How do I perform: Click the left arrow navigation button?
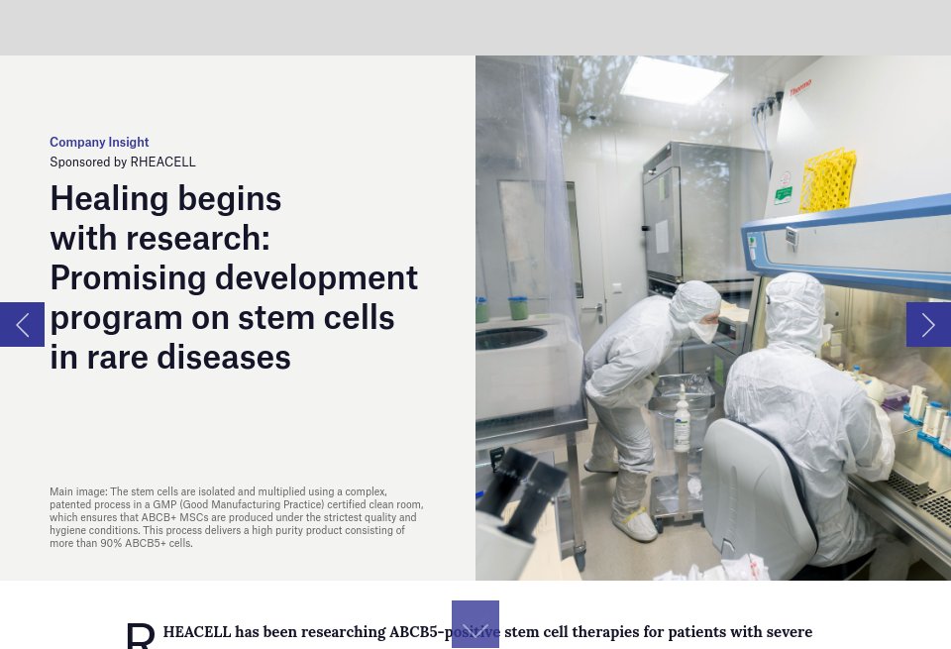tap(22, 324)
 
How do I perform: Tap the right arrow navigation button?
tap(928, 324)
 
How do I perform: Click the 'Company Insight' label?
tap(99, 142)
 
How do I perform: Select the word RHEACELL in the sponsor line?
tap(162, 162)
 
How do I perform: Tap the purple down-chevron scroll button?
tap(475, 624)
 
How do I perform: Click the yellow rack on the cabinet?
tap(827, 180)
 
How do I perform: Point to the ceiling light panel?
tap(674, 80)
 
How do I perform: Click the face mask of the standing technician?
tap(702, 331)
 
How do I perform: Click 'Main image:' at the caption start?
tap(78, 491)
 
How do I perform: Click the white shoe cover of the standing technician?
tap(634, 524)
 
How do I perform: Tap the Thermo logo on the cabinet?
tap(800, 87)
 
